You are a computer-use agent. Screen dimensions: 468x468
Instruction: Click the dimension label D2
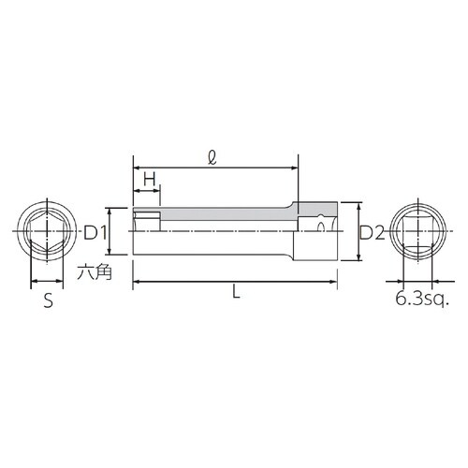pos(373,232)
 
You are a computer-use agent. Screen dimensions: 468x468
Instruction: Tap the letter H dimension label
pos(148,179)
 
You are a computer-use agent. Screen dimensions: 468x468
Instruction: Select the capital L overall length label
pos(235,293)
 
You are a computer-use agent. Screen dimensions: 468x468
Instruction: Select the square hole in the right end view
pos(417,231)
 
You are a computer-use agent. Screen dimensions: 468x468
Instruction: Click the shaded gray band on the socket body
pos(225,214)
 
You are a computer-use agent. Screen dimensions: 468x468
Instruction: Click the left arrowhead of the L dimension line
pos(138,280)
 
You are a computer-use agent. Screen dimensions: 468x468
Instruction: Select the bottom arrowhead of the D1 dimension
pos(112,251)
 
